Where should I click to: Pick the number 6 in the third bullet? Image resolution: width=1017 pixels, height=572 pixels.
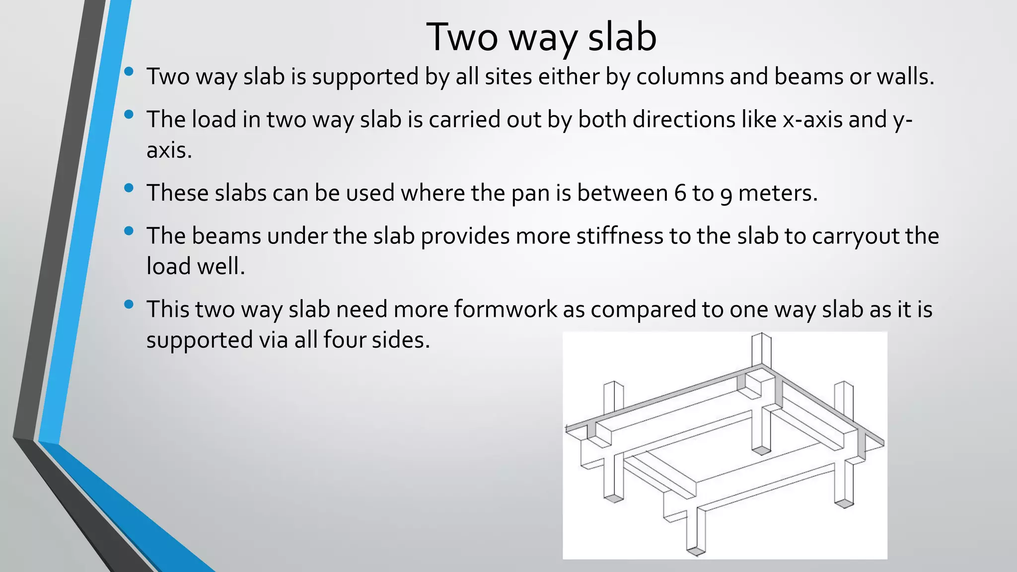pos(680,193)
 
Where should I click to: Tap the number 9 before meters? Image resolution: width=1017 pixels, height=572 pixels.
pos(726,194)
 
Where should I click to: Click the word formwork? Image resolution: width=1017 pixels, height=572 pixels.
pos(505,309)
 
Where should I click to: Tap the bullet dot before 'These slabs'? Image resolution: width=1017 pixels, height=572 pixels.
pos(129,188)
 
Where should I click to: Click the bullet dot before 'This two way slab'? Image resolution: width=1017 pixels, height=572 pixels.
pos(129,304)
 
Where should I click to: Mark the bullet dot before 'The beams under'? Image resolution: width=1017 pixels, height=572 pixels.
pos(129,231)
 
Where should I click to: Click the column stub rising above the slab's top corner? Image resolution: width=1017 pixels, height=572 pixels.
pos(761,349)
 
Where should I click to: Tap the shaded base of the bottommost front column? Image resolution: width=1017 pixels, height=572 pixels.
pos(696,551)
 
